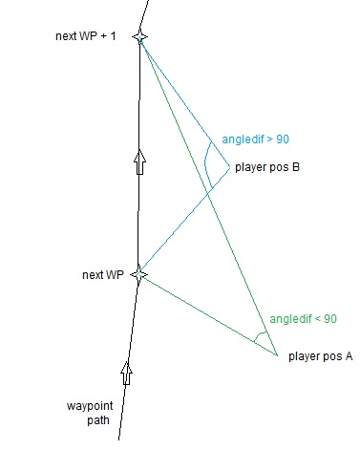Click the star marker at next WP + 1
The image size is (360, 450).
point(139,37)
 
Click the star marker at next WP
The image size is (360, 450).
point(138,274)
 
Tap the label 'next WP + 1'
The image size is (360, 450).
point(85,36)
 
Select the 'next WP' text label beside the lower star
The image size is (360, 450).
point(103,275)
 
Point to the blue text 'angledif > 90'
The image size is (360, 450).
point(256,139)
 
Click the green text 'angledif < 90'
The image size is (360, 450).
point(304,319)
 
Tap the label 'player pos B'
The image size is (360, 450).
point(267,167)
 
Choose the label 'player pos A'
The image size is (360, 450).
point(321,356)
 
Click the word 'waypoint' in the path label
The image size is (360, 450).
point(90,406)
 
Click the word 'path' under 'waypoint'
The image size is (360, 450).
point(98,420)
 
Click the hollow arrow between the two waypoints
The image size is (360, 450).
point(140,161)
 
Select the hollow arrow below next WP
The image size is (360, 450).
point(127,373)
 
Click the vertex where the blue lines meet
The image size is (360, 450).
point(229,167)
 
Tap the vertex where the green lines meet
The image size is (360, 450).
point(277,354)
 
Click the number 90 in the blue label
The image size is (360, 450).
point(283,139)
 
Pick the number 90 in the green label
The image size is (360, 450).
point(330,319)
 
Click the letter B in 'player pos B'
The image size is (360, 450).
point(296,167)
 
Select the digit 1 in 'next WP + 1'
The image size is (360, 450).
point(113,36)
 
